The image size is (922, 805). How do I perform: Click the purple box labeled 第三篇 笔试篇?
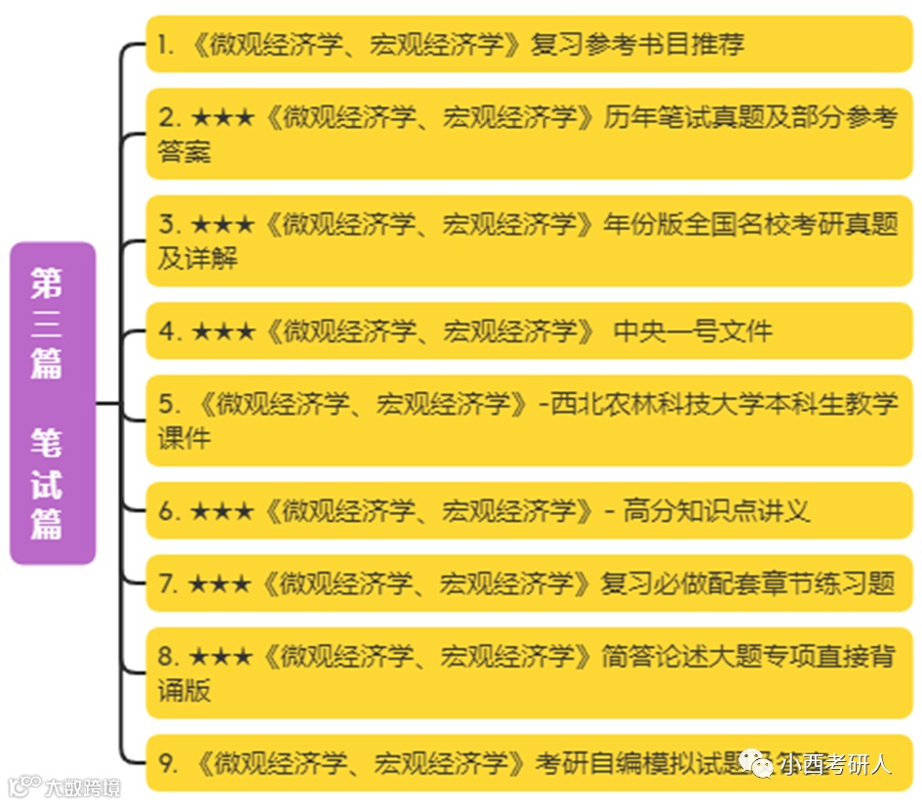[53, 403]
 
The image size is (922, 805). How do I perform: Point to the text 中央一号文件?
[693, 332]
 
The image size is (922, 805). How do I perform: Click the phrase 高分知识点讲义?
[717, 510]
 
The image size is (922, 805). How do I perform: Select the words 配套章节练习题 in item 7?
[784, 584]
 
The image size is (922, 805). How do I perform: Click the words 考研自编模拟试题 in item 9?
[634, 763]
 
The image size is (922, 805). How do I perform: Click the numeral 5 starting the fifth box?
[166, 403]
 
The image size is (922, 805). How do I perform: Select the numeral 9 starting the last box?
[166, 763]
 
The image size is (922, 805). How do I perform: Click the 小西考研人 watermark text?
[834, 764]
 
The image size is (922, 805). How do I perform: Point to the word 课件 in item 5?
[184, 437]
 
